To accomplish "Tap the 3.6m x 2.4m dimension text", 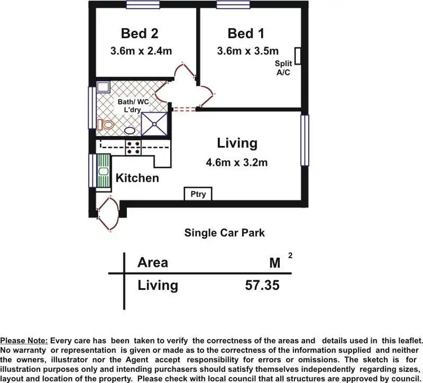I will (x=141, y=51).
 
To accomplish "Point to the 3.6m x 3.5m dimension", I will (x=248, y=51).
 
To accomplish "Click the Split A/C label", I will (x=283, y=68).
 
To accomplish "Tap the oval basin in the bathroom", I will (x=129, y=130).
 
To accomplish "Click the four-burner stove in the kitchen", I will (x=134, y=148).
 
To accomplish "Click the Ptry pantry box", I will (x=198, y=195).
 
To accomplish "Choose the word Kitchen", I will (x=137, y=178).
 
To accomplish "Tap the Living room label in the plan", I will (x=237, y=143).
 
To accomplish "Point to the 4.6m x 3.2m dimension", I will (x=236, y=163).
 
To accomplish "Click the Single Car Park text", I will (x=224, y=232).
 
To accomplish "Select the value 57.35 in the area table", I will (x=262, y=285).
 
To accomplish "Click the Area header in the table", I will (x=153, y=263).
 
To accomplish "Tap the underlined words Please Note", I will (x=24, y=341).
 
